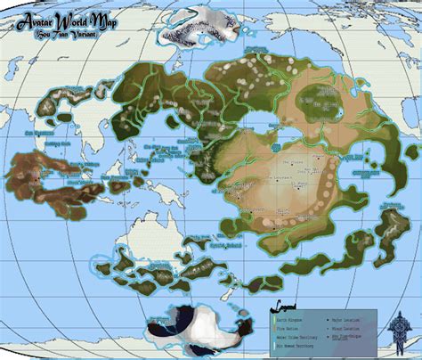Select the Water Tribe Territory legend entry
pyautogui.click(x=299, y=332)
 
